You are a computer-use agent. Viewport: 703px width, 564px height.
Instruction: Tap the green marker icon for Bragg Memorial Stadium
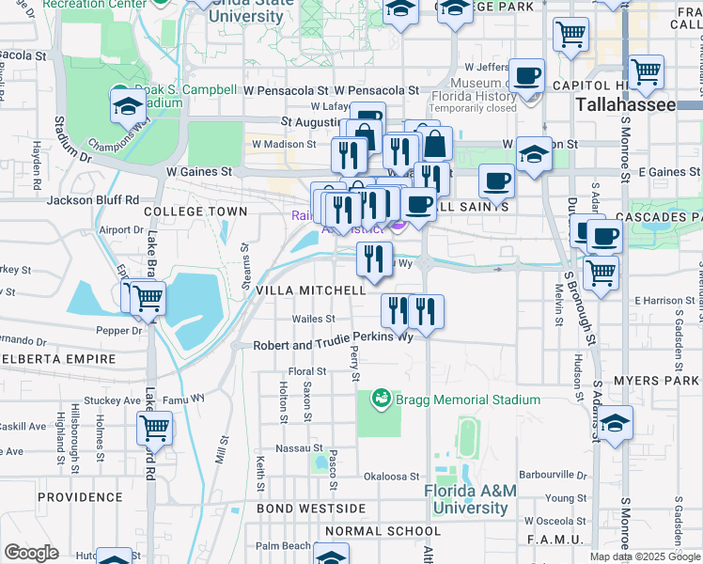pos(382,399)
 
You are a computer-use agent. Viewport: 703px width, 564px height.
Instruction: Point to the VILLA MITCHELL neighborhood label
pos(311,291)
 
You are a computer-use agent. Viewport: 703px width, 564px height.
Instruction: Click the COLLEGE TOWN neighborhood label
pos(195,211)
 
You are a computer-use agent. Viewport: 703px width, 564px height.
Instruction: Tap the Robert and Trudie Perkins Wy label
pos(334,345)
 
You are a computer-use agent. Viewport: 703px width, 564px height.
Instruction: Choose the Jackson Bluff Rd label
pos(93,199)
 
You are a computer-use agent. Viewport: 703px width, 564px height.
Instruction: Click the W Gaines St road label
pos(198,172)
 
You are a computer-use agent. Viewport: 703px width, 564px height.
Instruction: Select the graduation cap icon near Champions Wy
pos(127,107)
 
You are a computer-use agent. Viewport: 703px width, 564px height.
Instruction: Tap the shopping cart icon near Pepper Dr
pos(147,298)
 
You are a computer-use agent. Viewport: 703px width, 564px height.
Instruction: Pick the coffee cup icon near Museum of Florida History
pos(527,74)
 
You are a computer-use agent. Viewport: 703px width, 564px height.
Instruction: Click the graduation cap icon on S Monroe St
pos(616,424)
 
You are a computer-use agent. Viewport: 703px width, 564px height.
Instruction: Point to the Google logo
pos(31,553)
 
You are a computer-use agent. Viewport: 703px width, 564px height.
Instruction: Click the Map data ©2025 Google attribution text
pos(644,556)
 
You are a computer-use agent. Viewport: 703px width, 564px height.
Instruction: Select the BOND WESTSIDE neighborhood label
pos(311,509)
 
